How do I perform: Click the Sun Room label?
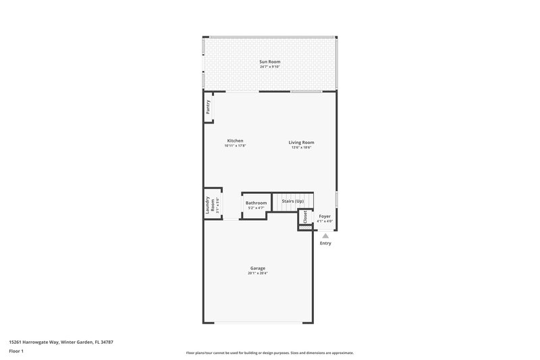point(269,61)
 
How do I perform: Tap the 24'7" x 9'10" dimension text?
point(269,67)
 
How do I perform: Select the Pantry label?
point(208,108)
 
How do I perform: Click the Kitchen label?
point(235,140)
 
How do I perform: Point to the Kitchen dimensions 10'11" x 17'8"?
point(235,146)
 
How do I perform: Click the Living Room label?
point(301,142)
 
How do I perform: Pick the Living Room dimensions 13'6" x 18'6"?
point(301,147)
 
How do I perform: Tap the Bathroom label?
point(256,203)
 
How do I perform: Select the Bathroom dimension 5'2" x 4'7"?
point(256,208)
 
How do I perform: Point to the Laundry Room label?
point(210,205)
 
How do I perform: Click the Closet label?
point(305,217)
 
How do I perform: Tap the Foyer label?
point(325,216)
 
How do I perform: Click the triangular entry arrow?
point(325,236)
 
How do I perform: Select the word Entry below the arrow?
point(325,243)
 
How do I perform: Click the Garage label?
point(257,267)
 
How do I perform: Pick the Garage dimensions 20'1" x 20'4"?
point(257,273)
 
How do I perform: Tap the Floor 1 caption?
point(16,351)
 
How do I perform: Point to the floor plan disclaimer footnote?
point(269,353)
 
